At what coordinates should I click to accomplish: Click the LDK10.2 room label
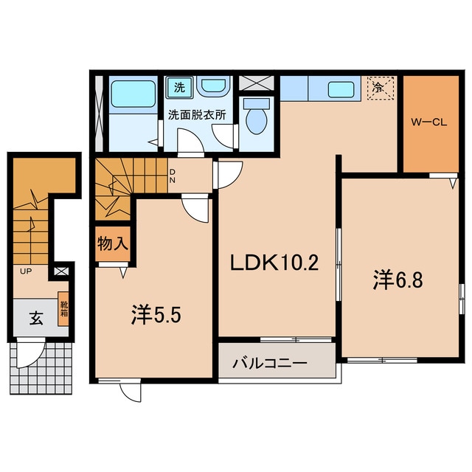pos(276,263)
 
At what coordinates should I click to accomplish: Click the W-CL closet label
pos(428,123)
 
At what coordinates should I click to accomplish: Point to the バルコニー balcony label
pos(270,364)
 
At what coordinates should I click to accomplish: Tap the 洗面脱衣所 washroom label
pos(196,115)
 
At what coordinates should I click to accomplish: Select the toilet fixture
pos(257,117)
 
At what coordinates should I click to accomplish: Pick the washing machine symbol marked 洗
pos(179,86)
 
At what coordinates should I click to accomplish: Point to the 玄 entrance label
pos(34,319)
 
